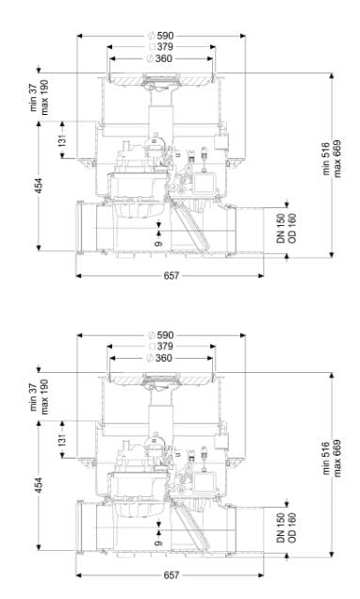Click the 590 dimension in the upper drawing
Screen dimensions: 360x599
coord(165,36)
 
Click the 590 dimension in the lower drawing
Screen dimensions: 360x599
coord(165,335)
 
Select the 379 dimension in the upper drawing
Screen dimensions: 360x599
coord(165,47)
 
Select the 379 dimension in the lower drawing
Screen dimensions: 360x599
coord(165,347)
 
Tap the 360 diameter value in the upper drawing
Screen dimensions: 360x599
coord(164,58)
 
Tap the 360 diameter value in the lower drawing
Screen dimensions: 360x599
coord(164,358)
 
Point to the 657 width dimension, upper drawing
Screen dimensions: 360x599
coord(171,276)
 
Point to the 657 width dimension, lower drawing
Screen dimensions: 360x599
coord(171,575)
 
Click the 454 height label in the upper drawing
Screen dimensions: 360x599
coord(39,186)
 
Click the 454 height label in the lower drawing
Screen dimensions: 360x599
coord(39,485)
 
